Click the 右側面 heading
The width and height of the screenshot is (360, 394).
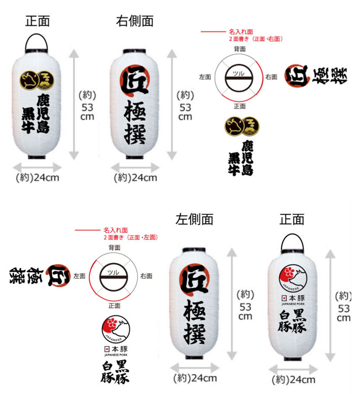(134, 21)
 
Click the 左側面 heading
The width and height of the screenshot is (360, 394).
(194, 219)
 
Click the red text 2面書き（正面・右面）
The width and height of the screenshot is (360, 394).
(256, 39)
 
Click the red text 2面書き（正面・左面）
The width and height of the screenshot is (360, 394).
(130, 237)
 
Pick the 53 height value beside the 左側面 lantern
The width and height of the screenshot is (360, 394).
(245, 307)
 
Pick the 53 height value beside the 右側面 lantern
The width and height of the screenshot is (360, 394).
(185, 107)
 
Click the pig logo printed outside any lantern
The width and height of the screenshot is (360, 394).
(116, 329)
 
